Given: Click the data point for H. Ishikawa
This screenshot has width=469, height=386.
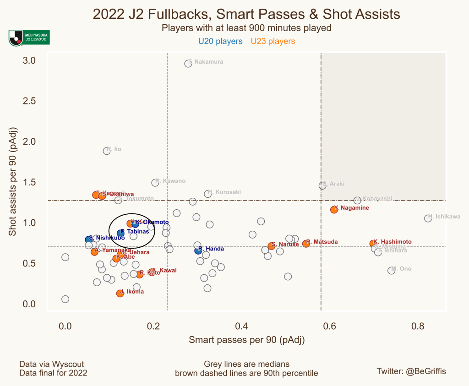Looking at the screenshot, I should pyautogui.click(x=428, y=218).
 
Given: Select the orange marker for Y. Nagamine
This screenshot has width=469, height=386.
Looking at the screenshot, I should pyautogui.click(x=334, y=209).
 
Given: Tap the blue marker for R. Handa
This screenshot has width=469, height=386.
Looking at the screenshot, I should pyautogui.click(x=198, y=250).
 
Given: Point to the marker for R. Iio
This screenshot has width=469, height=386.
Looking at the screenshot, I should pyautogui.click(x=107, y=151).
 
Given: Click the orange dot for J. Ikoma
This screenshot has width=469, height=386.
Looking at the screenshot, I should pyautogui.click(x=120, y=294).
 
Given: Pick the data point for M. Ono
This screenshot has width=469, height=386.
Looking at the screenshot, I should pyautogui.click(x=391, y=271).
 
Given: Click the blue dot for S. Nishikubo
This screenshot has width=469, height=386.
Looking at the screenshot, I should pyautogui.click(x=89, y=239).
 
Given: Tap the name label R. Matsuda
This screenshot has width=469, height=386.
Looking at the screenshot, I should pyautogui.click(x=322, y=242).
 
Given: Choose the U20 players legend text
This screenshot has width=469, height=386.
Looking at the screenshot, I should pyautogui.click(x=220, y=41).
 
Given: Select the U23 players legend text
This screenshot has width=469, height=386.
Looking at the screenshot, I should pyautogui.click(x=273, y=41).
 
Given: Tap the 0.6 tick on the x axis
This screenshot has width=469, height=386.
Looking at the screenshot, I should pyautogui.click(x=330, y=326).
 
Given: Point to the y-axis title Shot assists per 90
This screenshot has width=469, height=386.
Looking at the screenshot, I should pyautogui.click(x=13, y=182).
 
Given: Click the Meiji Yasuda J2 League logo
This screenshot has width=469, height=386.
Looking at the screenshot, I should pyautogui.click(x=29, y=38).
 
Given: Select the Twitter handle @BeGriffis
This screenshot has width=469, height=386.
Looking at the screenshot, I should pyautogui.click(x=411, y=371).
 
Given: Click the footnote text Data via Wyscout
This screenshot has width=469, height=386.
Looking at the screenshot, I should pyautogui.click(x=51, y=364).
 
